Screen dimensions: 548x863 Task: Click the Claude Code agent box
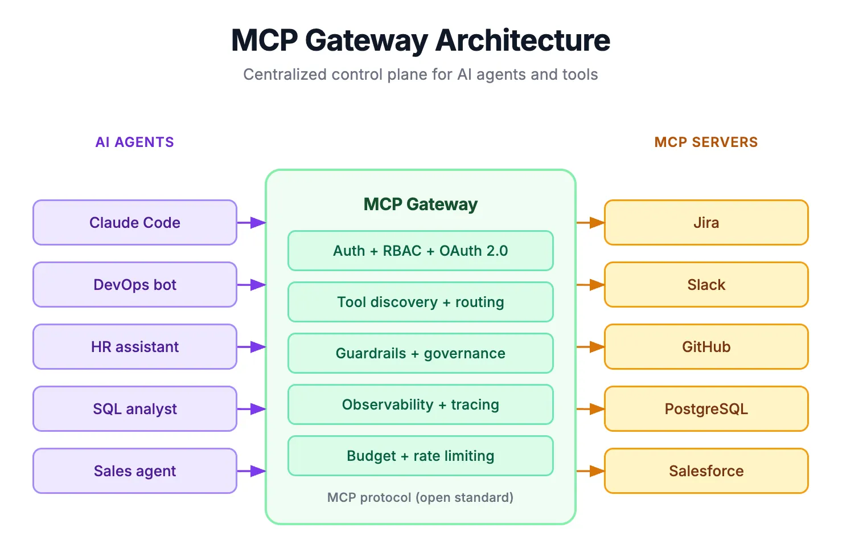coord(135,223)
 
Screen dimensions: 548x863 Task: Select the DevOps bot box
coord(135,285)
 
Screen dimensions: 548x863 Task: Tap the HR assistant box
coord(135,347)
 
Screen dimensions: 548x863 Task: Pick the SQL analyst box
coord(135,409)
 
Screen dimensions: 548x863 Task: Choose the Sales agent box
coord(135,471)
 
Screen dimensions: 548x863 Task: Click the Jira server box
coord(706,223)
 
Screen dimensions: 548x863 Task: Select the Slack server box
coord(706,285)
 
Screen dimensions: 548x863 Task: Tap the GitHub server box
coord(706,347)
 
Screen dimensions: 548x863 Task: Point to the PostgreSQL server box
coord(706,409)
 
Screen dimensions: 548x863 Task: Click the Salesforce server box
coord(706,471)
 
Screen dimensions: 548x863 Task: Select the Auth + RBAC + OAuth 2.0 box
coord(420,251)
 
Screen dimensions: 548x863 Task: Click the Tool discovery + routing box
coord(420,302)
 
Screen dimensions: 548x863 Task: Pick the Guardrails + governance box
coord(420,353)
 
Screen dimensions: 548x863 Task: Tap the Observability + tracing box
coord(420,404)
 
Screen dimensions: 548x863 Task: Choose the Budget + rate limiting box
coord(420,456)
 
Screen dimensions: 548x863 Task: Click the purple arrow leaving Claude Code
coord(251,223)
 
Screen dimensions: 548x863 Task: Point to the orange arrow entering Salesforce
coord(590,471)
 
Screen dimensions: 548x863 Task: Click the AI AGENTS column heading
coord(135,142)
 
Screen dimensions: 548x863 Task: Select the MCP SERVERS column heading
coord(706,142)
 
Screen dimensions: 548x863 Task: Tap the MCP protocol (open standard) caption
coord(420,498)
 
